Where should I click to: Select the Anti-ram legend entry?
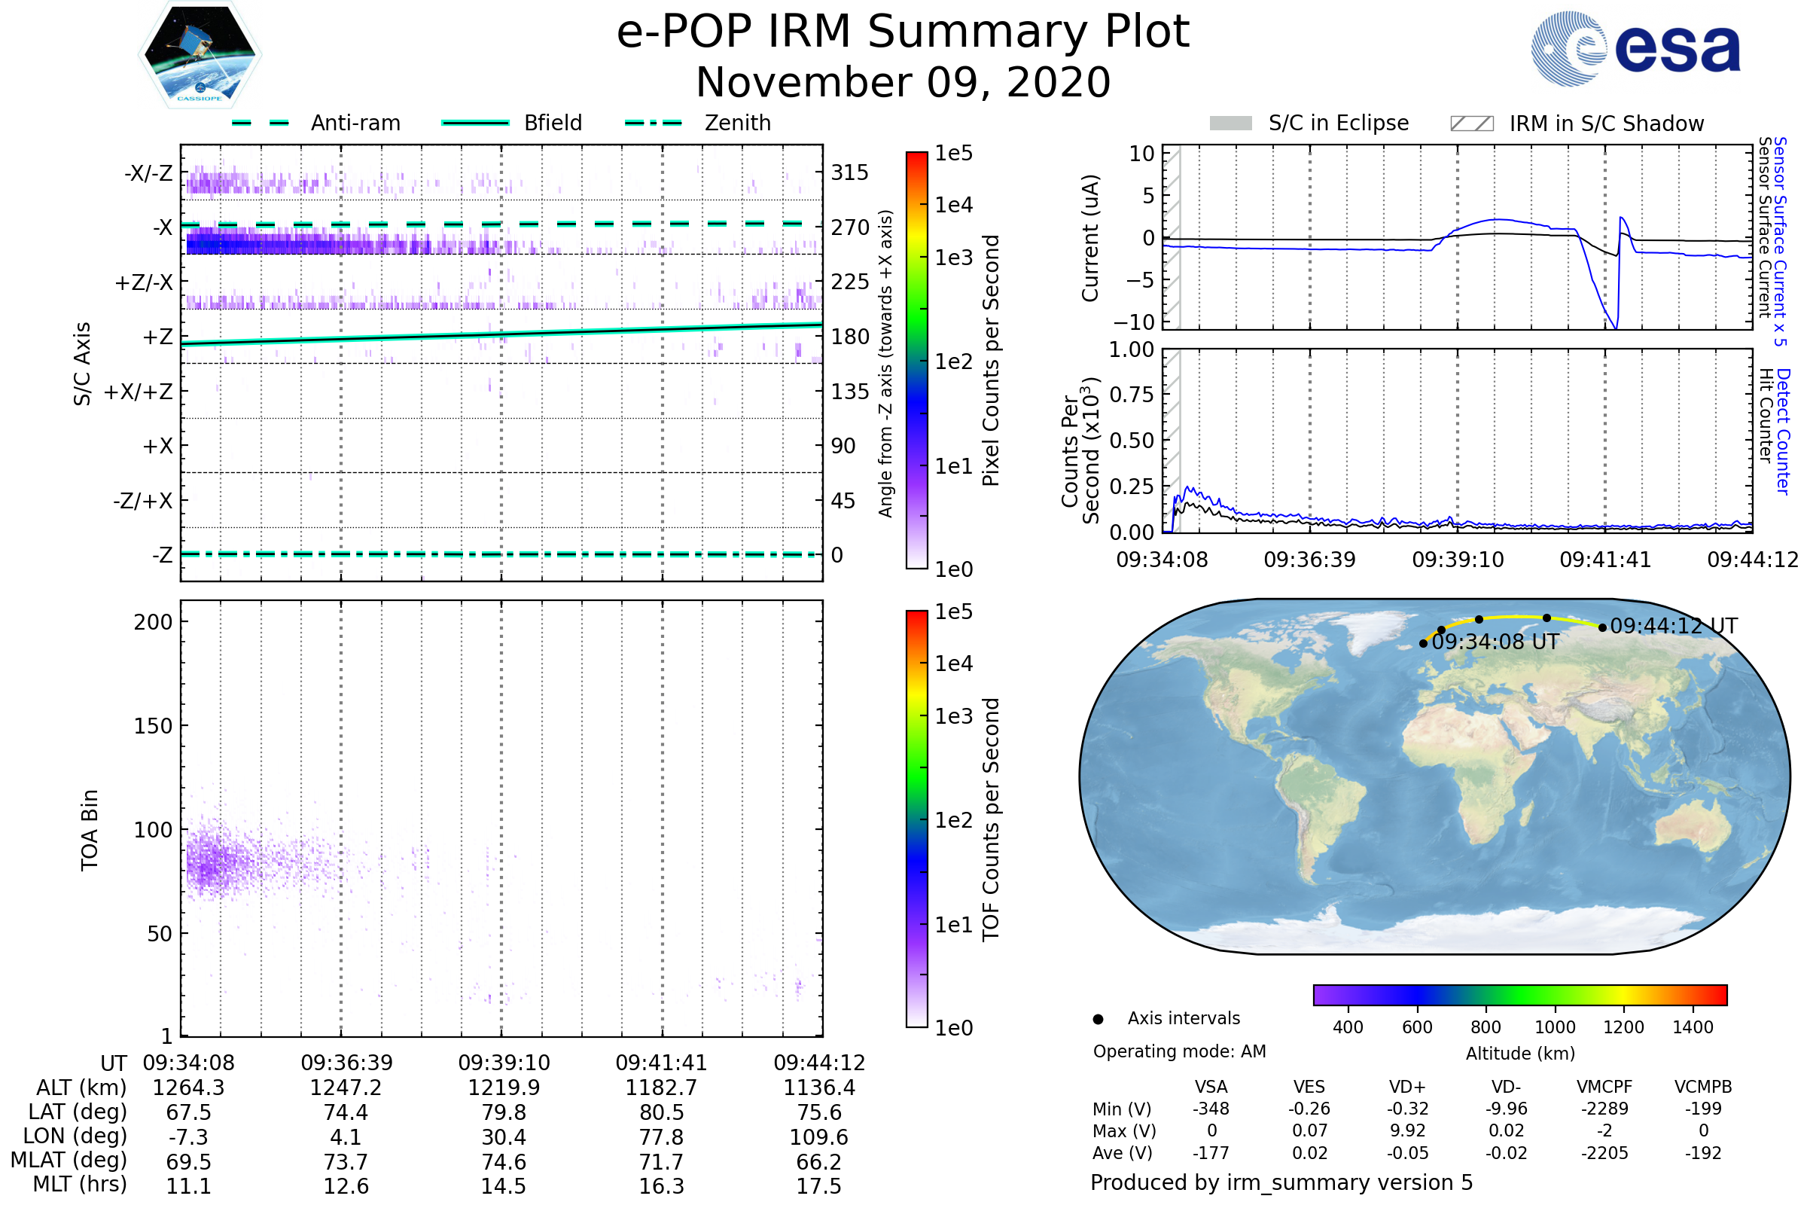point(355,123)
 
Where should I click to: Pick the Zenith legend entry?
point(737,123)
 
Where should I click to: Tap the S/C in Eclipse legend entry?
point(1338,123)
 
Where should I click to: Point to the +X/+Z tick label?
point(139,392)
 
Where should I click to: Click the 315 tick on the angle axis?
point(849,172)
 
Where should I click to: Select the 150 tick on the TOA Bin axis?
point(153,725)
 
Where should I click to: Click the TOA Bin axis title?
point(90,830)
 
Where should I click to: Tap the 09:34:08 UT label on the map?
point(1495,642)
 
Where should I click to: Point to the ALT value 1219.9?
point(504,1088)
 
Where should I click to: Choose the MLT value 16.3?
point(662,1185)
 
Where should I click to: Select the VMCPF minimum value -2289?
point(1604,1108)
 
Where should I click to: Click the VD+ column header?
point(1407,1087)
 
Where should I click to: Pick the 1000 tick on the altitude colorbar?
point(1554,1027)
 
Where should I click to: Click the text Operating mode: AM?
point(1179,1051)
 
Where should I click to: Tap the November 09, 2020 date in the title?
point(903,82)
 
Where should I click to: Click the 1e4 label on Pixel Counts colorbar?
point(953,205)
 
